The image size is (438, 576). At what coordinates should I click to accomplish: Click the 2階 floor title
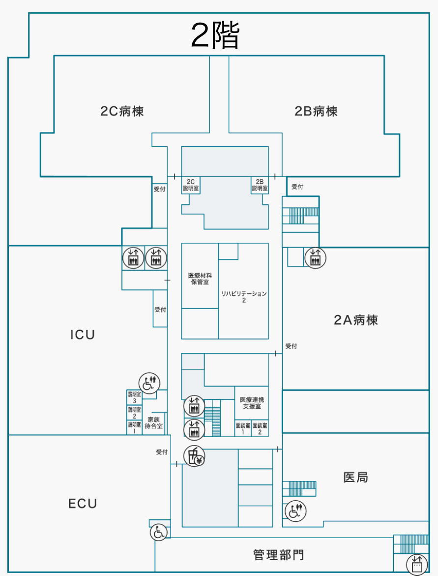(x=215, y=36)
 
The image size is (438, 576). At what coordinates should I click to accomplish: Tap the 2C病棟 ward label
(x=122, y=111)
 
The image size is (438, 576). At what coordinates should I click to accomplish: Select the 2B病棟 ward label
(x=316, y=111)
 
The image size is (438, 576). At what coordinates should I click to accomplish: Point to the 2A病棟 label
(x=356, y=320)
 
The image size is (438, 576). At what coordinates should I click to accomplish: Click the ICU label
(x=82, y=335)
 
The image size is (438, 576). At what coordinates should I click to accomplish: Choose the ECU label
(x=83, y=504)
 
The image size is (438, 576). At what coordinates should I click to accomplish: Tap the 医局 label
(x=355, y=477)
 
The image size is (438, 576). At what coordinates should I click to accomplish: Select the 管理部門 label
(x=278, y=555)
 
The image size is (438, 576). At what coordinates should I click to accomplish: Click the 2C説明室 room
(x=191, y=185)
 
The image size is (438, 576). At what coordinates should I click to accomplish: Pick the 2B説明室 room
(x=260, y=185)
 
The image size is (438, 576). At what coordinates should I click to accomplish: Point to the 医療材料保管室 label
(x=200, y=279)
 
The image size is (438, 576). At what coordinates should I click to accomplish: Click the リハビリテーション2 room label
(x=244, y=296)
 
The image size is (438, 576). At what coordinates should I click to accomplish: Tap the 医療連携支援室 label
(x=251, y=403)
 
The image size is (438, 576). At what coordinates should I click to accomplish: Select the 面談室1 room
(x=243, y=428)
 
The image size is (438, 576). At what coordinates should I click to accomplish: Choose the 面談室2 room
(x=260, y=428)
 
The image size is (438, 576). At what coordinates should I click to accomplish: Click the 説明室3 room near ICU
(x=134, y=397)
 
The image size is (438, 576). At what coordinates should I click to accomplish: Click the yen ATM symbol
(x=194, y=456)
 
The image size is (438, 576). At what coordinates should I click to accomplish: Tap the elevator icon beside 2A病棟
(x=315, y=257)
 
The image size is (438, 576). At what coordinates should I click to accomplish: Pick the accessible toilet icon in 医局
(x=295, y=511)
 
